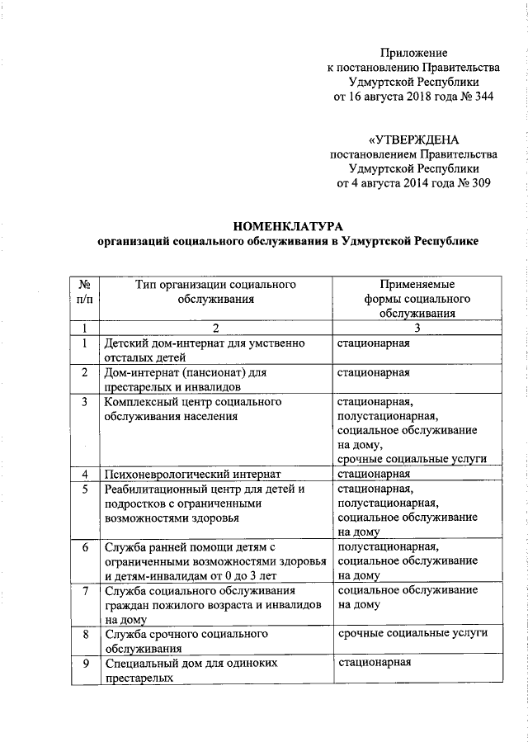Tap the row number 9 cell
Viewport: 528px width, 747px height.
coord(84,663)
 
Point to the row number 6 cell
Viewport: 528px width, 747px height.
coord(84,547)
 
